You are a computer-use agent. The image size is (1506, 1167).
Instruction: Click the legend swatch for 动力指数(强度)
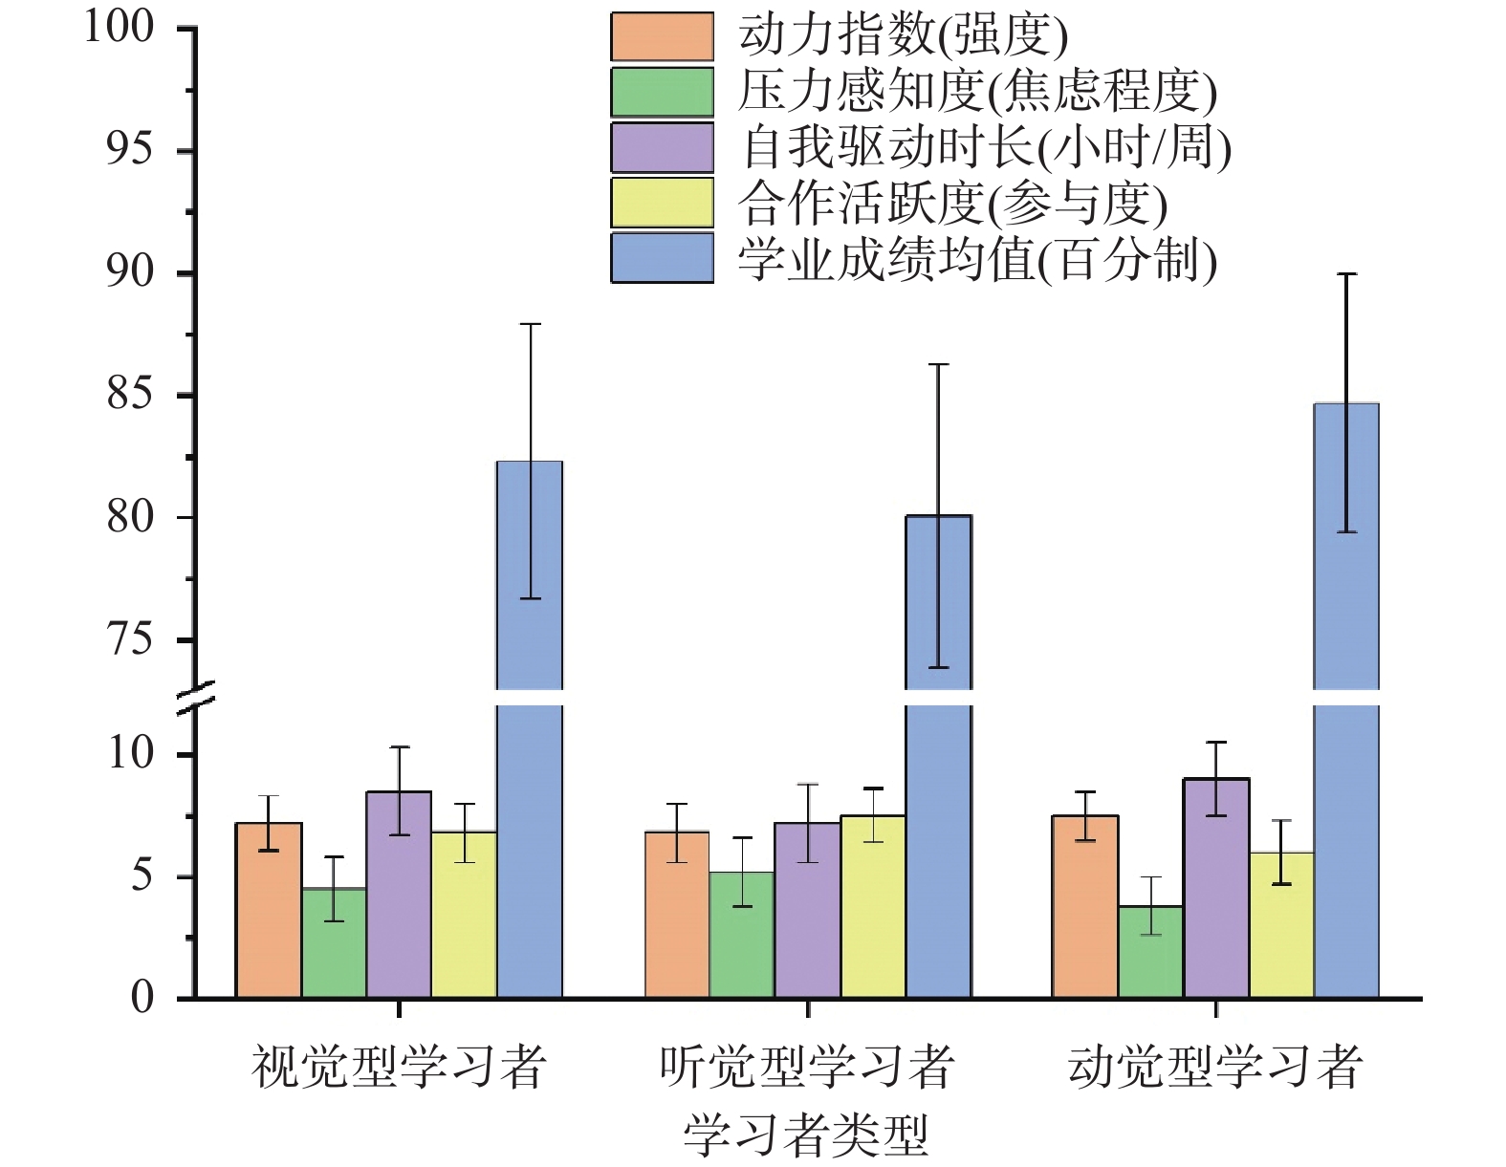662,36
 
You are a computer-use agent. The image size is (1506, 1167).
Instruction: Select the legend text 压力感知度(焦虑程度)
976,92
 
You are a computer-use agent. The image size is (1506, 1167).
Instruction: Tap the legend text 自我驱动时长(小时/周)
983,147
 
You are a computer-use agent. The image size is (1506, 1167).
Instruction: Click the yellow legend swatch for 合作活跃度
662,203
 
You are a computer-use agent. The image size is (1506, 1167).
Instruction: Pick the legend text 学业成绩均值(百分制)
976,258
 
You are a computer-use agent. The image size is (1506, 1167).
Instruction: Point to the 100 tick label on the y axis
120,27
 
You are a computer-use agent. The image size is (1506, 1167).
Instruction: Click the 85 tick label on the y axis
130,394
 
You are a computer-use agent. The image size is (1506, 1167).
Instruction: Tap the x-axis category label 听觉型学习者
807,1067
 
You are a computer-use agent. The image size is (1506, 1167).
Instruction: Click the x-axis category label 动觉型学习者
1214,1067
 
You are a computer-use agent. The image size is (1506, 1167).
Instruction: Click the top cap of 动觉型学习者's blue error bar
1346,274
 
